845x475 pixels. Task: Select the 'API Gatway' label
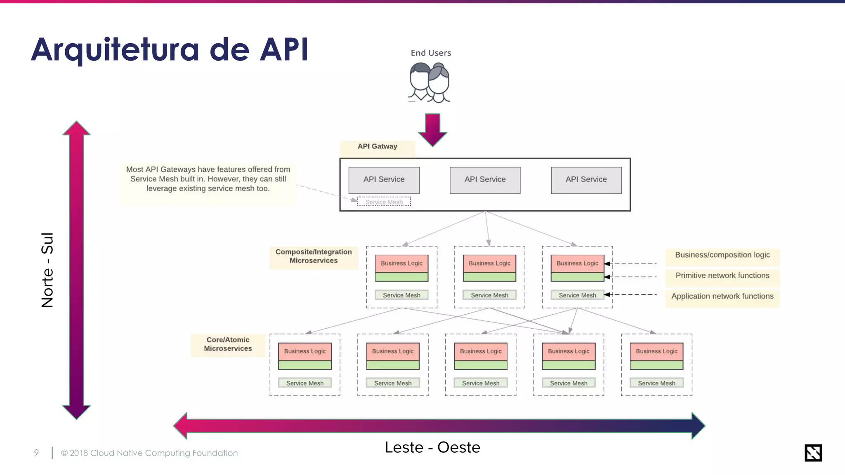377,146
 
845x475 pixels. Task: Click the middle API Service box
485,180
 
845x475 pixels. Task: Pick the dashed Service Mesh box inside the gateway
384,202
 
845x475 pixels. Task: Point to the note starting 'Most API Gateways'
208,179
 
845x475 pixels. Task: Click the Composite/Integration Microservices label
314,256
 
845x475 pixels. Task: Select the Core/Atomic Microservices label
228,344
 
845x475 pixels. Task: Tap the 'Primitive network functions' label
722,275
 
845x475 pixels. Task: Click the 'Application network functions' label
722,296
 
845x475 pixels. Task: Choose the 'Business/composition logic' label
722,255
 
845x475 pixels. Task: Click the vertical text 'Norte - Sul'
47,270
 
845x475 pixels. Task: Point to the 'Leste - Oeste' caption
432,447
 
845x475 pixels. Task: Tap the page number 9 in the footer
36,453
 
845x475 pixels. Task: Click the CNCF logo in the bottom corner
813,453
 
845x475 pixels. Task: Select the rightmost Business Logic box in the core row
656,351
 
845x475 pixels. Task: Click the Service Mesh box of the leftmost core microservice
305,383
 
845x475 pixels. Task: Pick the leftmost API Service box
384,180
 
